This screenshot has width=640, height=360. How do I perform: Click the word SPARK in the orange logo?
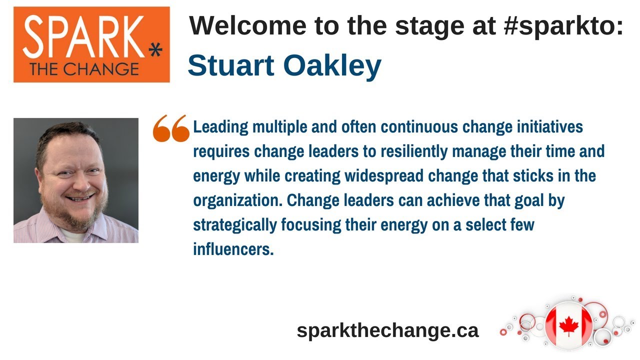[x=83, y=36]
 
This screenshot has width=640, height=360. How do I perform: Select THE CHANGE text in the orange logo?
[x=84, y=69]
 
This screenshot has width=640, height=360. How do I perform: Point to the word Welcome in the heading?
[x=247, y=25]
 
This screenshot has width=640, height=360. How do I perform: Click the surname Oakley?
[x=332, y=66]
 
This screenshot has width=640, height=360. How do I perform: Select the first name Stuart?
[x=231, y=65]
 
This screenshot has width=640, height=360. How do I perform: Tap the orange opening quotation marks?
[x=171, y=128]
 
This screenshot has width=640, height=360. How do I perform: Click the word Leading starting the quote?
[x=220, y=127]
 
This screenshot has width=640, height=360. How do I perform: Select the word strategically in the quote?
[x=235, y=225]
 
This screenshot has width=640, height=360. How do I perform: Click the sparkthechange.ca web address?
[x=387, y=330]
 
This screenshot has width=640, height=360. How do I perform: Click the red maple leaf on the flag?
[x=568, y=325]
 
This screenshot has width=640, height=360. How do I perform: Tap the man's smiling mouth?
[x=79, y=197]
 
